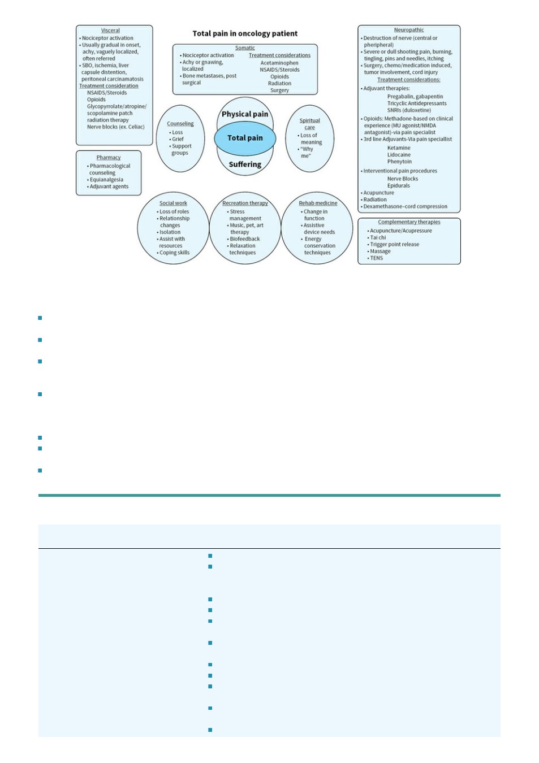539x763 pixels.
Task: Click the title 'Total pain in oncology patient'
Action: click(x=245, y=33)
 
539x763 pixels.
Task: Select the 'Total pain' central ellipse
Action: click(x=245, y=138)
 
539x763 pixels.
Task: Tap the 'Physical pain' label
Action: click(x=245, y=114)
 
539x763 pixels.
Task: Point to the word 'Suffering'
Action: click(x=245, y=164)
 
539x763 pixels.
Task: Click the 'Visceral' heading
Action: click(x=110, y=31)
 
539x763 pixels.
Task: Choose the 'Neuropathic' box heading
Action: click(x=409, y=30)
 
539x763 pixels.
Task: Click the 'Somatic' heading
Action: click(x=245, y=48)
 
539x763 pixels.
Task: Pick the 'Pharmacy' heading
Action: click(x=109, y=157)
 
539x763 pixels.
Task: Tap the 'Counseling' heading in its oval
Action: click(x=180, y=124)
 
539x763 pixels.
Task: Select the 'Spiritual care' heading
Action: click(x=309, y=124)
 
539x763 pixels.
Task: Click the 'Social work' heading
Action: click(x=173, y=203)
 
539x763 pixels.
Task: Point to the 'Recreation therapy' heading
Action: click(x=245, y=203)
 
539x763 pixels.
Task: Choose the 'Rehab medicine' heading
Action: click(x=318, y=203)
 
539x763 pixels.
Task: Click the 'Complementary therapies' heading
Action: click(x=409, y=222)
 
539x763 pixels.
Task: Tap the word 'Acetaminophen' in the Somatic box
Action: click(x=279, y=63)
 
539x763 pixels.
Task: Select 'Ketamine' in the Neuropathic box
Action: click(x=399, y=148)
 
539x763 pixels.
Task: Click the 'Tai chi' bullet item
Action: click(x=378, y=237)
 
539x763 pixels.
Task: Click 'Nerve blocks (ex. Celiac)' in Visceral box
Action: click(x=115, y=127)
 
